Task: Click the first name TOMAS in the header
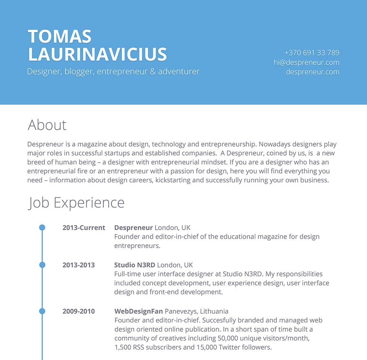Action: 60,37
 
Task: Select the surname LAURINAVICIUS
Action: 97,55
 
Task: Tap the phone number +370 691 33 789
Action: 312,53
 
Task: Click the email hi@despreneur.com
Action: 306,62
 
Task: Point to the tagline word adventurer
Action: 179,72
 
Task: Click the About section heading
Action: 47,125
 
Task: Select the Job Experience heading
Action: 76,203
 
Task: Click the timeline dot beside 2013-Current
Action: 42,228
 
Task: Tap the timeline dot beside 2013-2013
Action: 42,265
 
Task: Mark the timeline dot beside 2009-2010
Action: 42,312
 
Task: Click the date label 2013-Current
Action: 84,228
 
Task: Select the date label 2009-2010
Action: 78,312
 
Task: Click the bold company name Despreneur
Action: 133,228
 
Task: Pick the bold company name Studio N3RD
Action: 135,265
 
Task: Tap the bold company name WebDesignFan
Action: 139,312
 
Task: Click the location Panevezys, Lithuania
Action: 197,312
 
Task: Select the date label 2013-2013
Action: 78,265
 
